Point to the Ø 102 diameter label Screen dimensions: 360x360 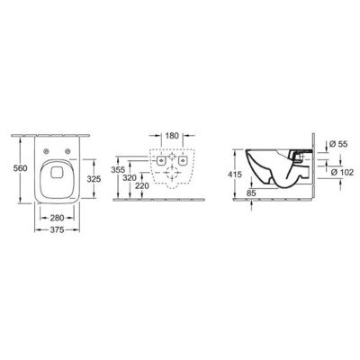click(x=330, y=172)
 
